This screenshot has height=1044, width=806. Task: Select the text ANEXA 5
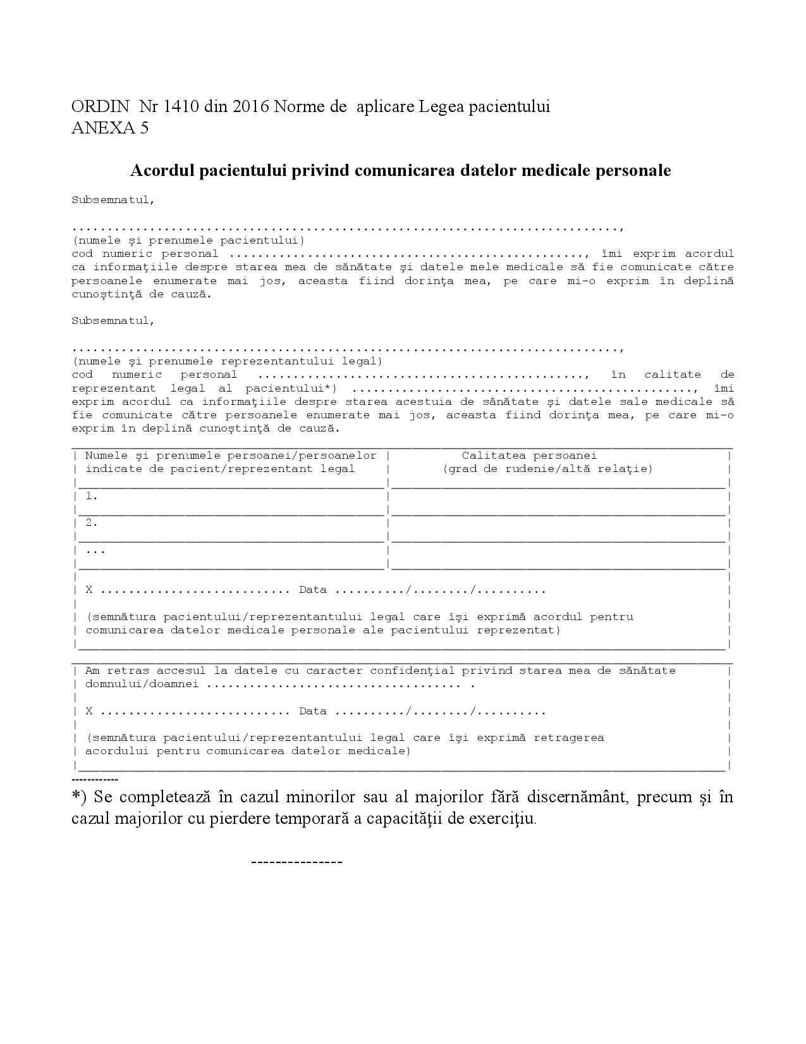[110, 128]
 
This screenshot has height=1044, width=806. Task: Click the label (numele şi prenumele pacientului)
[188, 240]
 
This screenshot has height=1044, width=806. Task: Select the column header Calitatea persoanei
[529, 456]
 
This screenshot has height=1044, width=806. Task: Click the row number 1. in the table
[92, 496]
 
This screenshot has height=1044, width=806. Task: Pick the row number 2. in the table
[92, 523]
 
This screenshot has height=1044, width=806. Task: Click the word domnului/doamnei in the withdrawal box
[142, 684]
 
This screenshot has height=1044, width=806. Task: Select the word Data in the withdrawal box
[313, 711]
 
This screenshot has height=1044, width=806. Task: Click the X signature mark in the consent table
[89, 590]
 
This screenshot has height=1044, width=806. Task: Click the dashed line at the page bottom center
[296, 862]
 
